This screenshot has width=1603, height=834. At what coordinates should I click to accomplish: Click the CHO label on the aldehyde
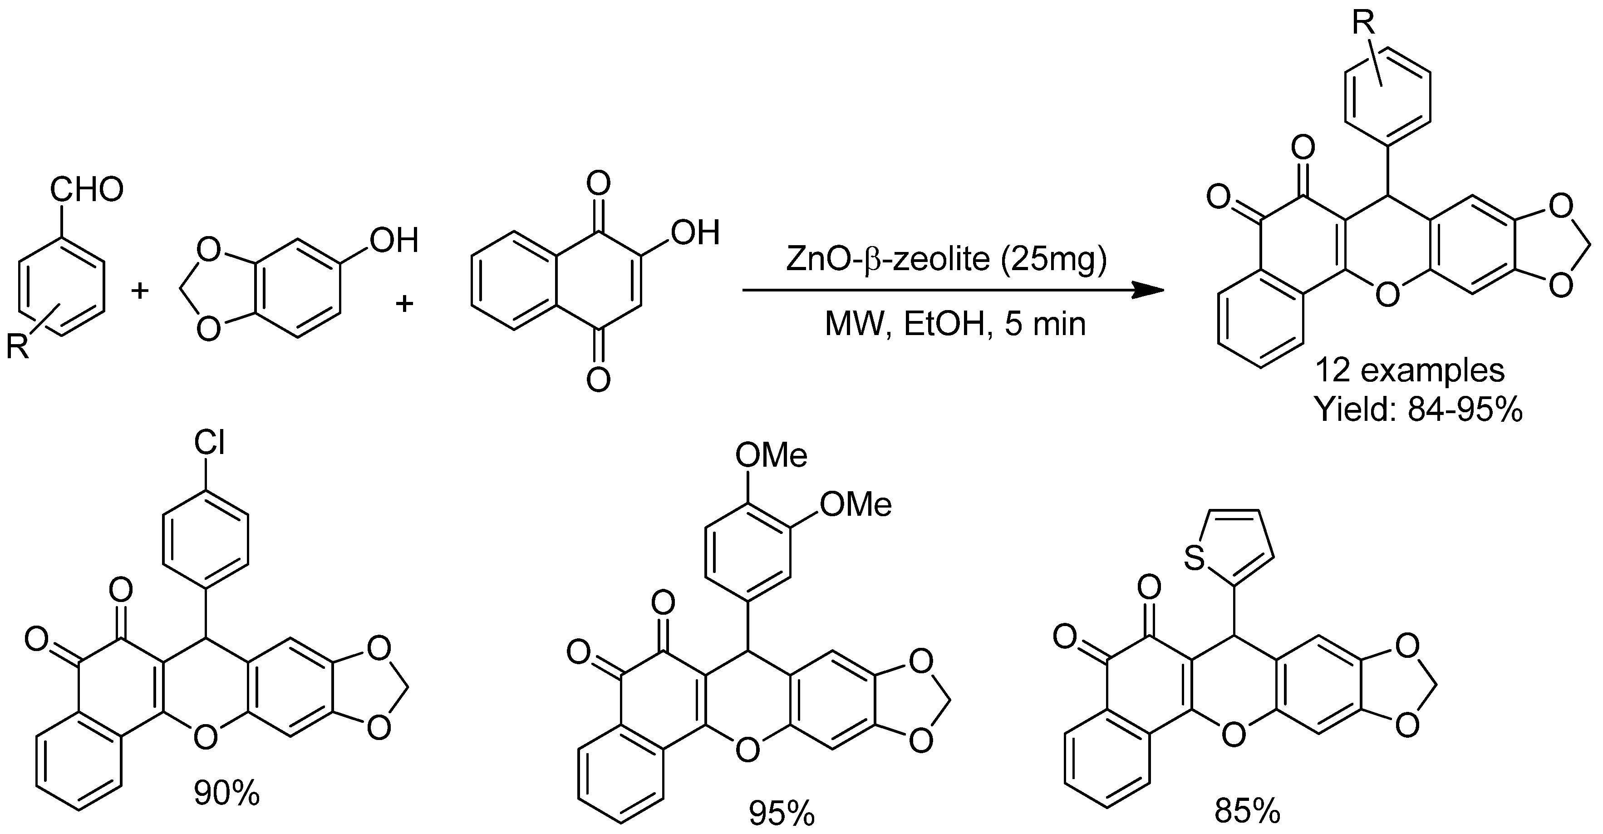(x=87, y=190)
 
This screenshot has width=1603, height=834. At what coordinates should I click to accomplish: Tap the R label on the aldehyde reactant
(x=17, y=346)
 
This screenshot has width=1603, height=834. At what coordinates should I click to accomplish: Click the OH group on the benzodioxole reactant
(x=394, y=240)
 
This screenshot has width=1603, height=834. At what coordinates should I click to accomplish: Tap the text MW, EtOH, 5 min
(x=955, y=324)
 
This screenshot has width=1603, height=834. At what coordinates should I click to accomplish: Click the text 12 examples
(x=1410, y=370)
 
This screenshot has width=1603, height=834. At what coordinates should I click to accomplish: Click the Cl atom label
(x=209, y=443)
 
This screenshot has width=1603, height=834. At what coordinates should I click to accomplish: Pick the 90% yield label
(x=226, y=794)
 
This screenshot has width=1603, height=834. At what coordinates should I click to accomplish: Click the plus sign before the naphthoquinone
(x=405, y=303)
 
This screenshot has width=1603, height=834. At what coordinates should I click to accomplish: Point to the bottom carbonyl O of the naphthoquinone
(x=599, y=379)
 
